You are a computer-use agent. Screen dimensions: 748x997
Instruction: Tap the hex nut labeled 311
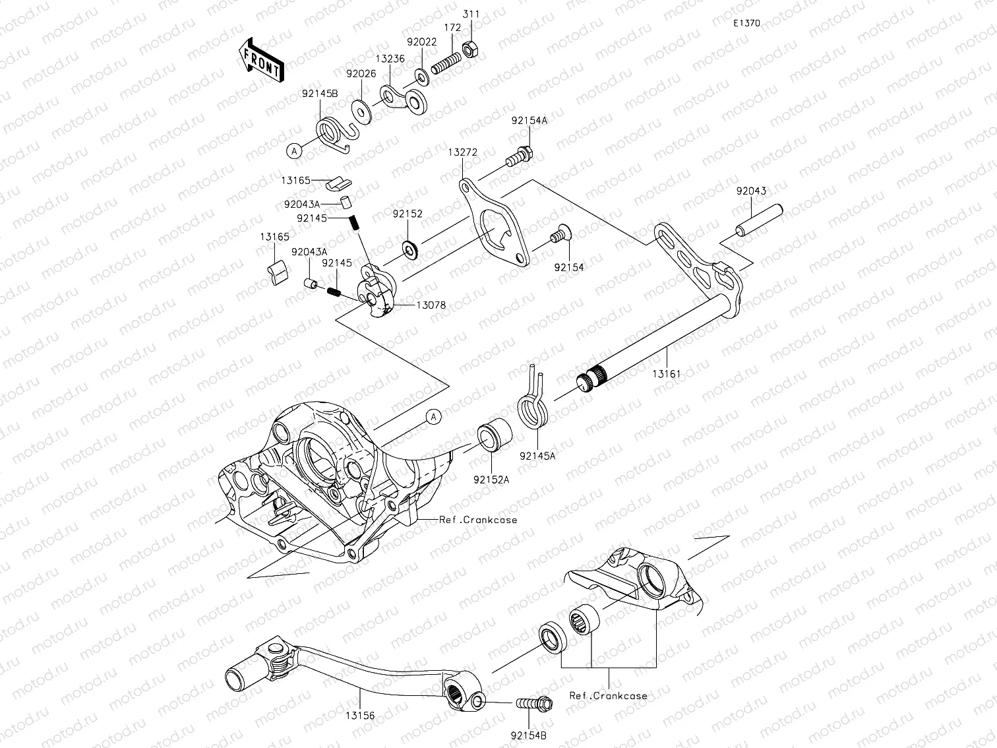471,48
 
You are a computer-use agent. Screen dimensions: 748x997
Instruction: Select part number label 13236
390,59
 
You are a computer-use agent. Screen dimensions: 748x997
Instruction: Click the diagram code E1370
746,23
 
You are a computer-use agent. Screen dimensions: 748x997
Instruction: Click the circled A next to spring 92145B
294,151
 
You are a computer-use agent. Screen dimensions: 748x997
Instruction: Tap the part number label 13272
462,152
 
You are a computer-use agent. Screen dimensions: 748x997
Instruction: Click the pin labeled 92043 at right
759,220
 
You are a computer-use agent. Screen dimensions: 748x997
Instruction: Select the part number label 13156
360,714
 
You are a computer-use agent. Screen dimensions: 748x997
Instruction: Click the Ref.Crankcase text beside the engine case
478,520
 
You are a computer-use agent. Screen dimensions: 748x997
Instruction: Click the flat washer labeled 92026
361,109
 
